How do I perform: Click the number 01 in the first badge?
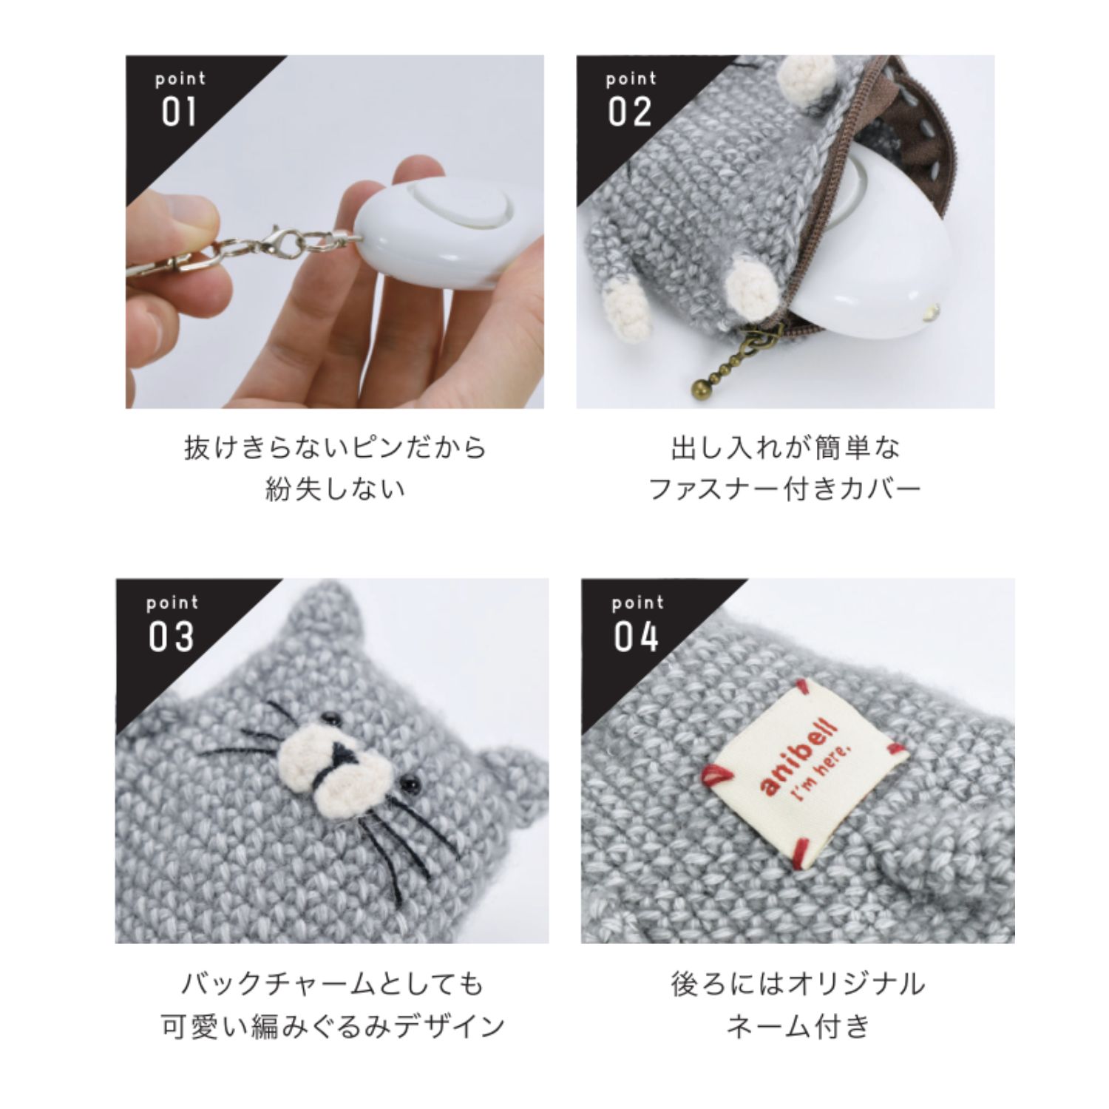[179, 112]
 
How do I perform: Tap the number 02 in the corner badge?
[630, 112]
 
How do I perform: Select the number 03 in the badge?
[172, 637]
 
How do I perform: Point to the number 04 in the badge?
[636, 637]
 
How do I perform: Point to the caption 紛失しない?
[335, 489]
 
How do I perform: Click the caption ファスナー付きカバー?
[784, 489]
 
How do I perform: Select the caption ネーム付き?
[798, 1026]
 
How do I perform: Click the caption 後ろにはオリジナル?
[798, 984]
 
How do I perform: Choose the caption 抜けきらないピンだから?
[335, 448]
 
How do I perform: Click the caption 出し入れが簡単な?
[786, 448]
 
